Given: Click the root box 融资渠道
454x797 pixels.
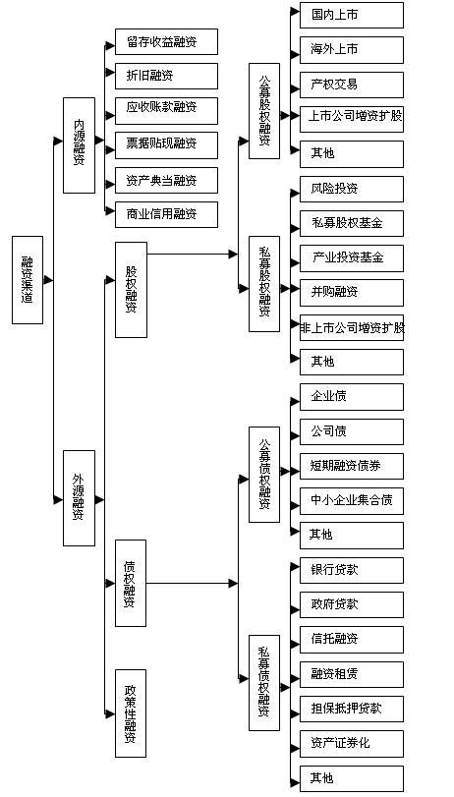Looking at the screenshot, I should [28, 280].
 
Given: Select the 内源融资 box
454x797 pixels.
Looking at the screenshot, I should [79, 145].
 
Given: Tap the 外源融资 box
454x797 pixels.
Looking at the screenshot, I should [79, 497].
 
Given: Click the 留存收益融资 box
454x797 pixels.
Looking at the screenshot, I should [165, 42].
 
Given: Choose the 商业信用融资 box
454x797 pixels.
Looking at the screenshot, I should [165, 214].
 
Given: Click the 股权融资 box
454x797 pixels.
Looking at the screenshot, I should [131, 289].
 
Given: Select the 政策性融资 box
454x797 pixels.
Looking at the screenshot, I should [131, 712].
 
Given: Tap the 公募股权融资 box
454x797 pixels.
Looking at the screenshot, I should [264, 113].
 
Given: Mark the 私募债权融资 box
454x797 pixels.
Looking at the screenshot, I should [264, 678].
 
